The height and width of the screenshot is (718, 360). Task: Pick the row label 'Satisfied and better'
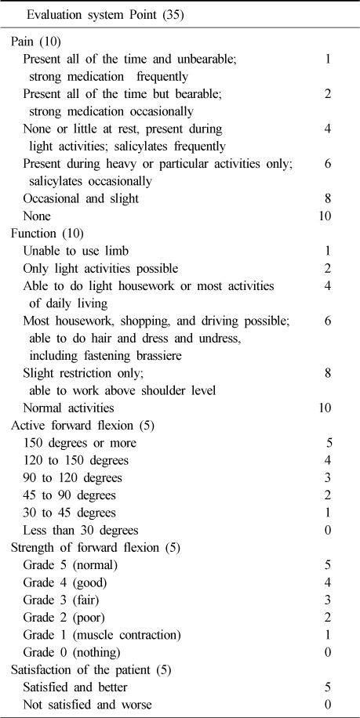click(81, 687)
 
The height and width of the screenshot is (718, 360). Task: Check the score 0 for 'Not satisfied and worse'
click(327, 705)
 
